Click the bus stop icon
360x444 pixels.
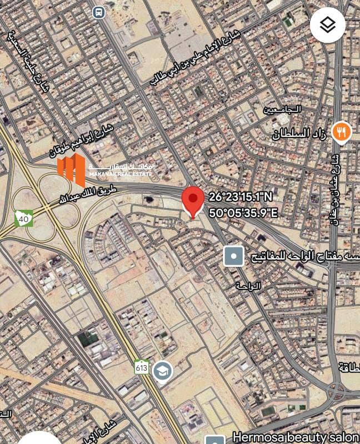(x=98, y=11)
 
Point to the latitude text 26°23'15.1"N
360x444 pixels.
(x=239, y=197)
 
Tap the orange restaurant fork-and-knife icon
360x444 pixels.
(x=341, y=132)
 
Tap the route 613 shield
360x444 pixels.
(x=142, y=367)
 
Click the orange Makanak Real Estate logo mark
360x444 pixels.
(x=71, y=170)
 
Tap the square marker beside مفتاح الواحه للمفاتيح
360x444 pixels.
(x=233, y=256)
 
